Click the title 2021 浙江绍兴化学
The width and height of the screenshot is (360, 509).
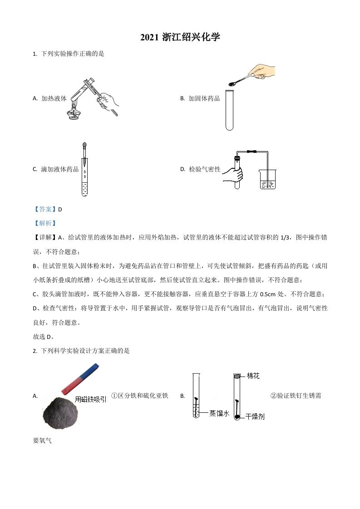coord(180,37)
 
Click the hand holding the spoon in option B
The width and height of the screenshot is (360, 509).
coord(262,72)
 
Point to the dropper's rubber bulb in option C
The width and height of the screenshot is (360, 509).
coord(84,147)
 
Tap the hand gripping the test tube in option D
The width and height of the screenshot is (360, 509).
coord(233,175)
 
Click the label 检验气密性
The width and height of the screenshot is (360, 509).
coord(204,169)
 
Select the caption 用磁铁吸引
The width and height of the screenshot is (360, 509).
coord(91,399)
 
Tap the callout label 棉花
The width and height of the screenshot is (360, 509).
coord(253,376)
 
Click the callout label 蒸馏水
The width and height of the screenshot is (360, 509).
coord(219,413)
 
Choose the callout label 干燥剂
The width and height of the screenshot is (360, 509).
coord(255,416)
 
